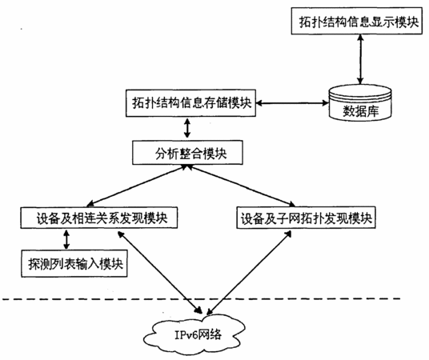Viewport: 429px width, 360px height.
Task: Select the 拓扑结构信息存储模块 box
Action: coord(190,103)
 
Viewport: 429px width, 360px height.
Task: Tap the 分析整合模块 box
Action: coord(187,153)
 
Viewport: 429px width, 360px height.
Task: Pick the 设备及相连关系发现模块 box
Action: coord(99,218)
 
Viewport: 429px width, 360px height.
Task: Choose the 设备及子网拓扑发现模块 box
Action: coord(306,218)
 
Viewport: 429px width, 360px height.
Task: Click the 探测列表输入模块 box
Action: coord(74,263)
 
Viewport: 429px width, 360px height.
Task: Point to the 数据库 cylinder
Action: coord(360,103)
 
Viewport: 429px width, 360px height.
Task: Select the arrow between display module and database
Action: coord(361,59)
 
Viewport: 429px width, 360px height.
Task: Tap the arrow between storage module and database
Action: coord(292,103)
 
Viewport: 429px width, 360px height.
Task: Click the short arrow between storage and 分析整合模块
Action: coord(187,129)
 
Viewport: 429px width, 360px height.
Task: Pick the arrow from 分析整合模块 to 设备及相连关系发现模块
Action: coord(137,186)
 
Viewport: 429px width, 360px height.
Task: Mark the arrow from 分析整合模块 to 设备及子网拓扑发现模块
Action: coord(241,186)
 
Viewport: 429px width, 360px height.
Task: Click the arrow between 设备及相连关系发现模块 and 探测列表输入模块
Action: coord(66,239)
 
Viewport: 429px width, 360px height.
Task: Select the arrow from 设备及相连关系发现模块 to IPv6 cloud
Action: coord(160,272)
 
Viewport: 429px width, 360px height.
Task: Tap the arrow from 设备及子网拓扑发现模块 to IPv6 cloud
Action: coord(249,273)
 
